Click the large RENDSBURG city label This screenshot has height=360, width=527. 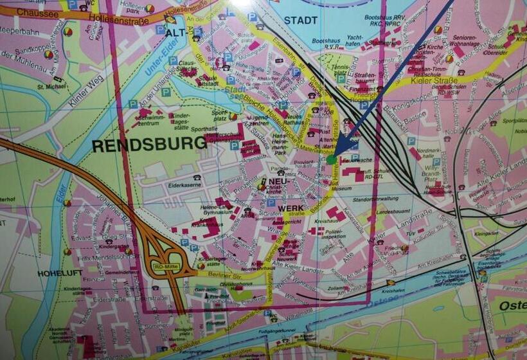tap(149, 145)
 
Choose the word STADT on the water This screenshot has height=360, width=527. tap(301, 20)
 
